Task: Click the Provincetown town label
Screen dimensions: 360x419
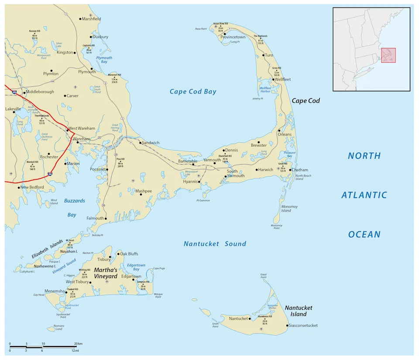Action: [x=233, y=37]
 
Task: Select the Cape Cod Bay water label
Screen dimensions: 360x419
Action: [x=193, y=92]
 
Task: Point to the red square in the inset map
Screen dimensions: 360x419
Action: [x=388, y=55]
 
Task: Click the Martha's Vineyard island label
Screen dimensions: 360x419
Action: [x=105, y=273]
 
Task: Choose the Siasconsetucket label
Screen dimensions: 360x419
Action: [x=303, y=326]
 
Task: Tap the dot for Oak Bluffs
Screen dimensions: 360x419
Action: [x=118, y=254]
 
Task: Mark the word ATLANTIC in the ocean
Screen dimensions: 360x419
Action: [x=364, y=195]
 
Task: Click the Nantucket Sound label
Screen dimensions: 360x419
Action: [x=215, y=244]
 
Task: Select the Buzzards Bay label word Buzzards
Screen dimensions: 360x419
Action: [x=75, y=201]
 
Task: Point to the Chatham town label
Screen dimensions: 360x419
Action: [x=300, y=170]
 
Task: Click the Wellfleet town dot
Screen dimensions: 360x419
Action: [x=273, y=79]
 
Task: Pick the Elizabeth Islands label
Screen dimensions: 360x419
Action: [x=47, y=250]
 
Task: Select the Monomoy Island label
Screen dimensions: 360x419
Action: [x=286, y=209]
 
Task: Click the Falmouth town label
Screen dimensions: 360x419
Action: [x=95, y=218]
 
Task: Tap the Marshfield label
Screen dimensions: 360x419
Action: [x=91, y=19]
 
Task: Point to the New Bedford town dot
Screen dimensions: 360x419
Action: [x=19, y=187]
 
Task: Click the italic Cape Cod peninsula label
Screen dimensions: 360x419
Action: [x=306, y=101]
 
